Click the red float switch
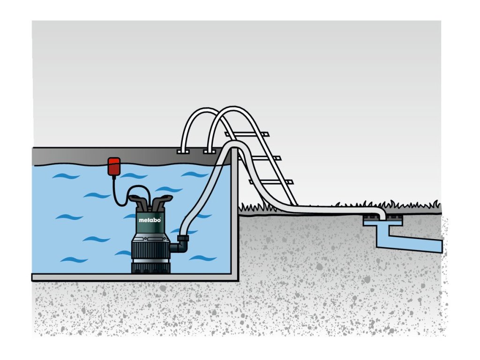pyautogui.click(x=114, y=166)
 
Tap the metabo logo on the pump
pyautogui.click(x=150, y=219)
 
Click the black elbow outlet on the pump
pyautogui.click(x=180, y=243)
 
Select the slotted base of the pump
pyautogui.click(x=150, y=267)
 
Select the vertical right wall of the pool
pyautogui.click(x=235, y=220)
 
